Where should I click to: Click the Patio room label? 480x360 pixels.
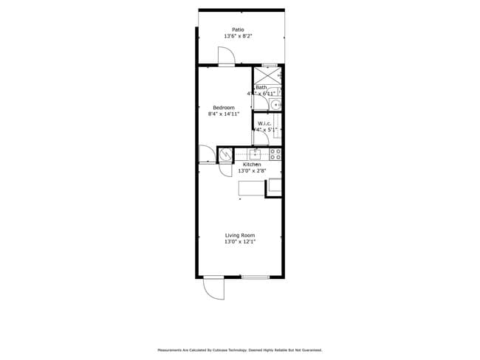[x=239, y=30]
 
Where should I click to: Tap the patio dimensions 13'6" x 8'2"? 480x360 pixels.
[x=239, y=36]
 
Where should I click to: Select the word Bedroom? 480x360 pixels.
[x=223, y=108]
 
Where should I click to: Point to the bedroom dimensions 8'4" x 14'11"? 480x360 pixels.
[x=223, y=114]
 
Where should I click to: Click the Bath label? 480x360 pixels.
[x=262, y=88]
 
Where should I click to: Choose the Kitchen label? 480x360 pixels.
[x=252, y=165]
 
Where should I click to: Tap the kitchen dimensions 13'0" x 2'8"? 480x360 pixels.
[x=252, y=171]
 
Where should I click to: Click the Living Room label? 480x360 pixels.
[x=240, y=235]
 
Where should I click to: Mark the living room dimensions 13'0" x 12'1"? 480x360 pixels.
[x=240, y=242]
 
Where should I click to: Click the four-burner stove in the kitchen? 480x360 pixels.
[x=275, y=154]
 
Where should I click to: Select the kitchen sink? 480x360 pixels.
[x=256, y=154]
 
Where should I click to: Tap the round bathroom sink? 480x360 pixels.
[x=277, y=105]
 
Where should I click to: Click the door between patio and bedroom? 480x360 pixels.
[x=226, y=57]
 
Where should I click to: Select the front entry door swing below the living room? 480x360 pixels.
[x=213, y=288]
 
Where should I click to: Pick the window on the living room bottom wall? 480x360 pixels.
[x=255, y=277]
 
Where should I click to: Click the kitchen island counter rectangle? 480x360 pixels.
[x=252, y=188]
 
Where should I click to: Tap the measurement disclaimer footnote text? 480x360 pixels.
[x=239, y=350]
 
